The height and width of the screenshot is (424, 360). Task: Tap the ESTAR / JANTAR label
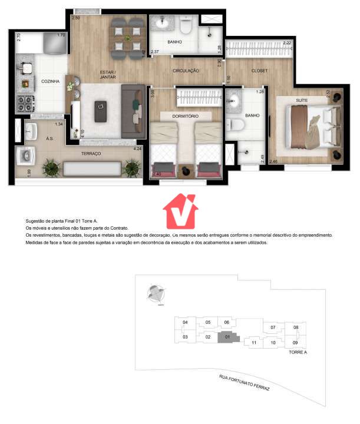(x=107, y=75)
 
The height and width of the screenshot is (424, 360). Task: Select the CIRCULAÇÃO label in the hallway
(x=186, y=71)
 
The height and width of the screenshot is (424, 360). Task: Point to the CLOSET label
(x=259, y=71)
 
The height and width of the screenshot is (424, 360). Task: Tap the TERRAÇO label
(x=91, y=153)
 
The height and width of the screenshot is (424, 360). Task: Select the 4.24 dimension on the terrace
(x=137, y=149)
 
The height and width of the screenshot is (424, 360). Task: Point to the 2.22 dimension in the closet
(x=287, y=43)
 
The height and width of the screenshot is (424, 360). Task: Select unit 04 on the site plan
(x=185, y=323)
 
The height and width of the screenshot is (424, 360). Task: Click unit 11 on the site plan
(x=253, y=342)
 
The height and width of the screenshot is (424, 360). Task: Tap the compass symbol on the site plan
(x=156, y=293)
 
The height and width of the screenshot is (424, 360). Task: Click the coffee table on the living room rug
(x=100, y=110)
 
